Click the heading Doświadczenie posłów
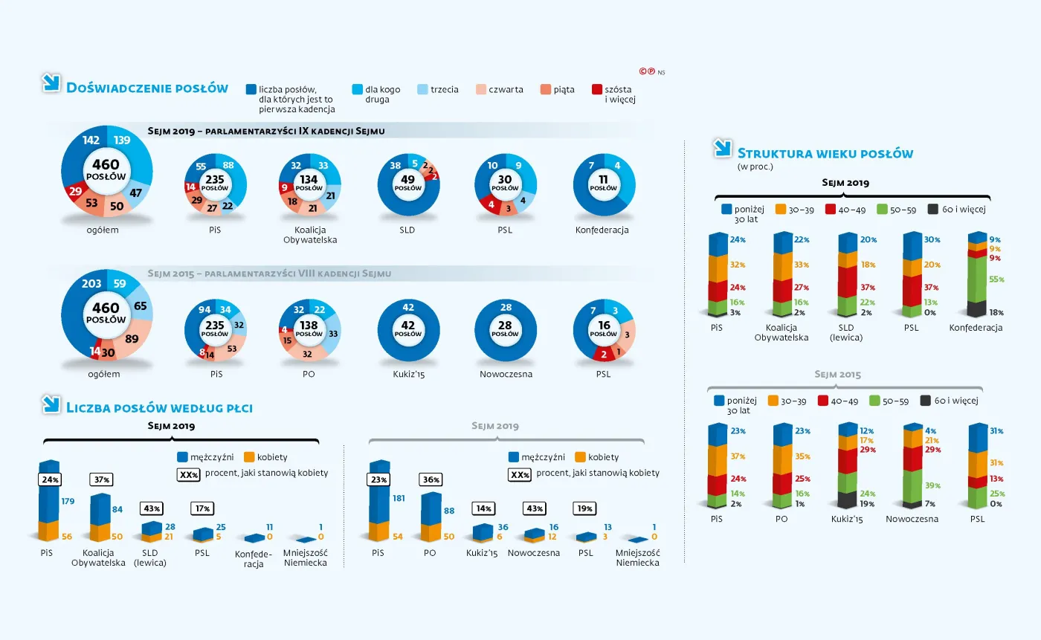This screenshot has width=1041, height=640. [x=146, y=88]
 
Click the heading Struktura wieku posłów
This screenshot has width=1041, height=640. [x=825, y=154]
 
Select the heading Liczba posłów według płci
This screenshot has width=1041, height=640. [x=159, y=407]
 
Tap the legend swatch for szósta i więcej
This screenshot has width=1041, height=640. [x=597, y=89]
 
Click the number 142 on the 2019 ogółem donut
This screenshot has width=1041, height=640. [x=91, y=140]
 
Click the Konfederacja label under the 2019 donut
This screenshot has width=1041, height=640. [x=602, y=230]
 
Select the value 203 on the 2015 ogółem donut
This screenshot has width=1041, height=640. [x=91, y=284]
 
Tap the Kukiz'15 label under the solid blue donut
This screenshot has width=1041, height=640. [x=408, y=374]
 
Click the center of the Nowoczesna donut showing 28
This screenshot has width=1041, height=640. [x=505, y=330]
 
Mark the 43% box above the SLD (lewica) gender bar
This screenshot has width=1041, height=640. [x=151, y=508]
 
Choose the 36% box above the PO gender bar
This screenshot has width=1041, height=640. [x=431, y=480]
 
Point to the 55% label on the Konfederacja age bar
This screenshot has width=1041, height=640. [x=996, y=279]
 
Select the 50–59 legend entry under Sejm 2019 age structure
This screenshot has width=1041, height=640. [x=892, y=210]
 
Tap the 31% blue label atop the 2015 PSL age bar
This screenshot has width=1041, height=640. [x=996, y=431]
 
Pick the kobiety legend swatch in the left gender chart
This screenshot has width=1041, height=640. [x=250, y=456]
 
